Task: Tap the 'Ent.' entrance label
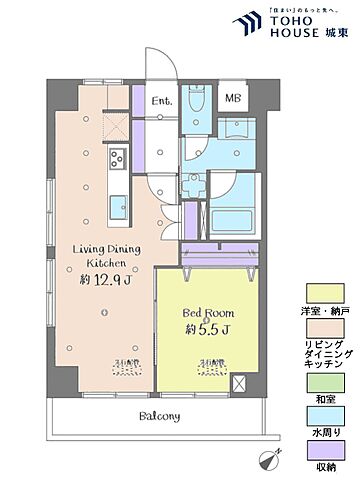[161, 101]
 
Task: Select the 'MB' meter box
[232, 98]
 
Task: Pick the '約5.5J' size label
[208, 329]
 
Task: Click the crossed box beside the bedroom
[240, 383]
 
